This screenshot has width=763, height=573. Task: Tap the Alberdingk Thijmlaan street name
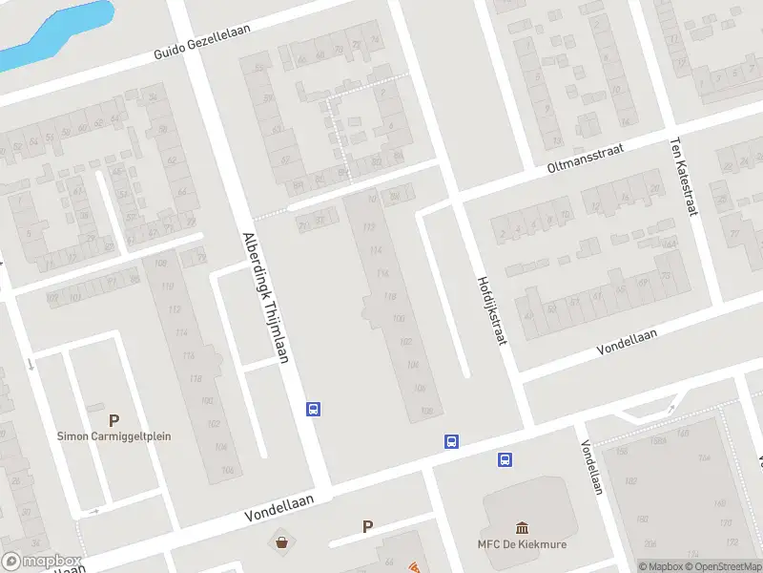(265, 297)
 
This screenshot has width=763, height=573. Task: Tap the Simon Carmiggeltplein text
(114, 436)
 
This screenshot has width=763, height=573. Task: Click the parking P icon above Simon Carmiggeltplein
(114, 419)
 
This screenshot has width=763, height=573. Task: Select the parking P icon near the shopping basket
(367, 526)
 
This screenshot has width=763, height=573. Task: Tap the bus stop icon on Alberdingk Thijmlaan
(312, 410)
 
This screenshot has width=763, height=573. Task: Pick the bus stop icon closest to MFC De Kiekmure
(505, 459)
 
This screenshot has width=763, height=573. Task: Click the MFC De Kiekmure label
(523, 545)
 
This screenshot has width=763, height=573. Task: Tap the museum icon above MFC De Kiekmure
(523, 528)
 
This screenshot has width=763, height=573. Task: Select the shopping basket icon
(282, 542)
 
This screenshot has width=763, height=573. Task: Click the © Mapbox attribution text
(662, 566)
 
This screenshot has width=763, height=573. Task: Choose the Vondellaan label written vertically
(591, 467)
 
